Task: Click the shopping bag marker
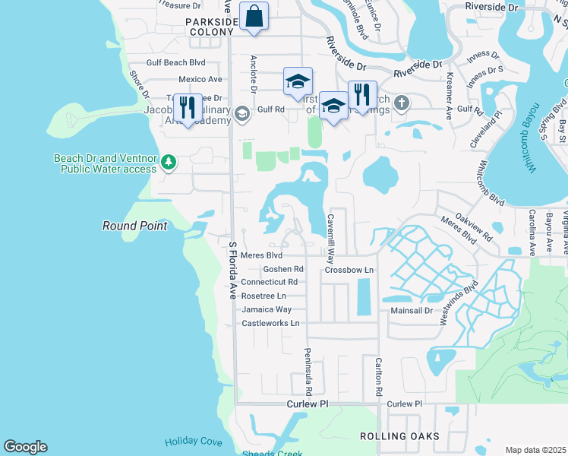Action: (254, 16)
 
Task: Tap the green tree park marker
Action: (169, 162)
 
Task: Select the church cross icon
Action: (402, 103)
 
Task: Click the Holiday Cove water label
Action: (194, 442)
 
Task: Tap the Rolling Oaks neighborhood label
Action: (399, 436)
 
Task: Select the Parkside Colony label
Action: (210, 27)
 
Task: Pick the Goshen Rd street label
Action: (282, 269)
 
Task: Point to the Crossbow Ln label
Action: (350, 270)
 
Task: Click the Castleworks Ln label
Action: (270, 323)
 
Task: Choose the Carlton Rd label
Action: (378, 378)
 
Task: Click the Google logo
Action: (25, 447)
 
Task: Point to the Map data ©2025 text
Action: (535, 450)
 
